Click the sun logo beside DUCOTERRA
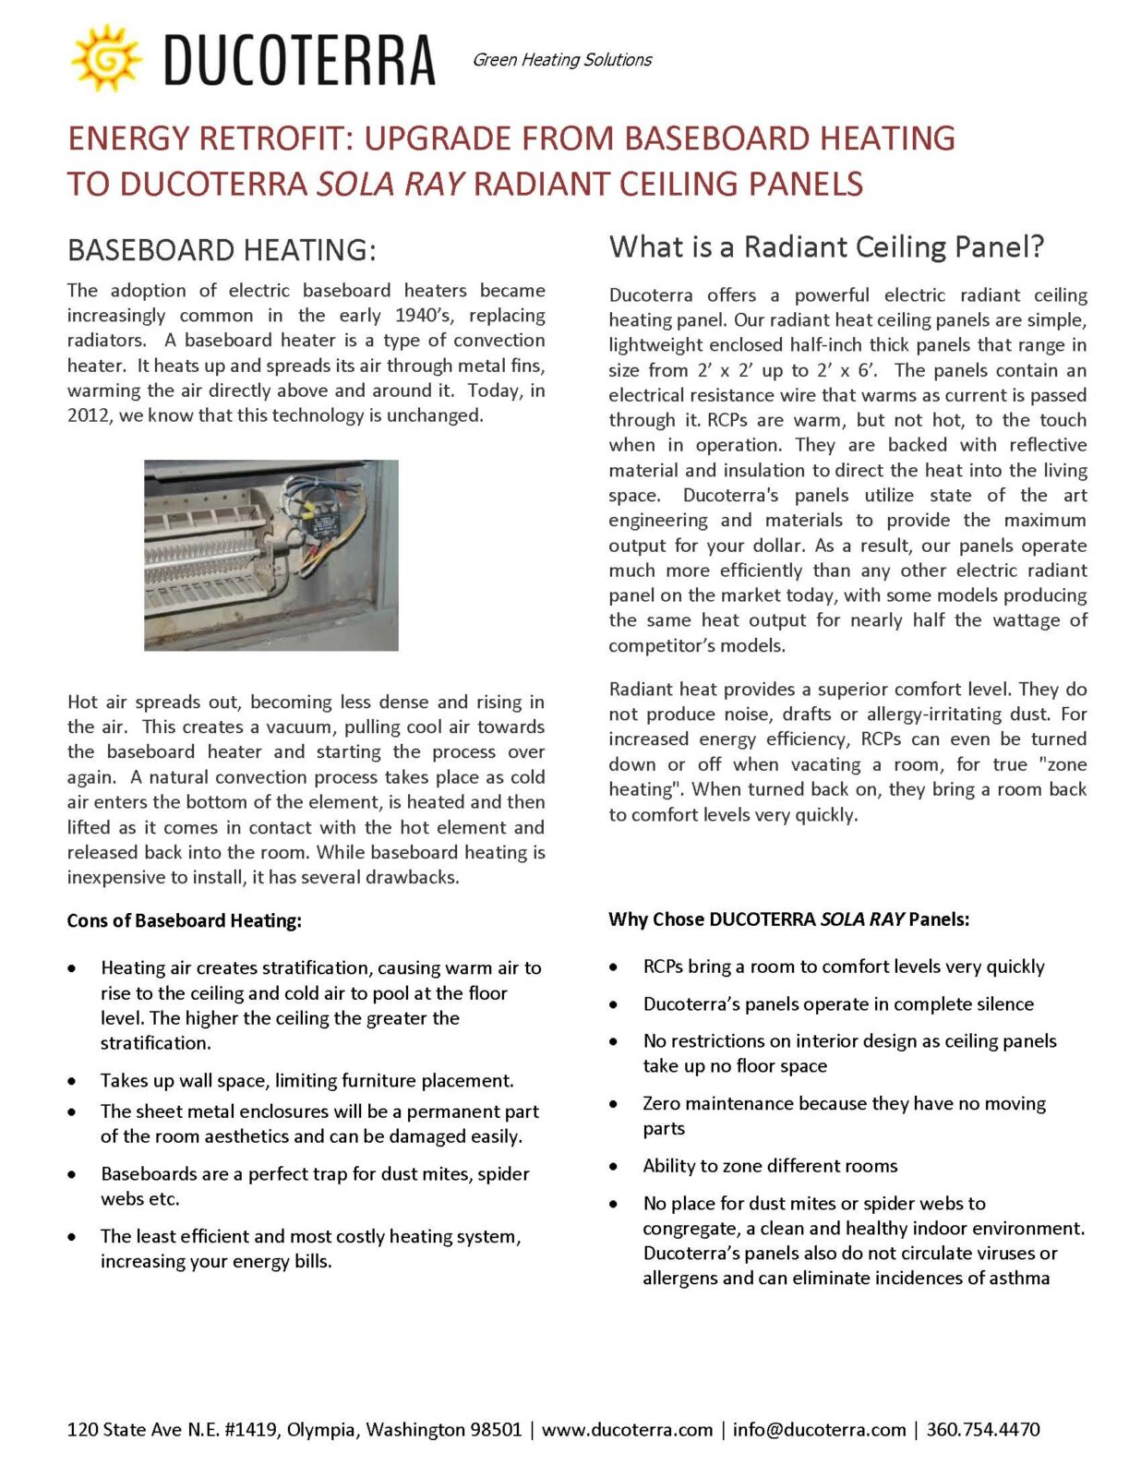(106, 58)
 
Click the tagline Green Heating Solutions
(561, 60)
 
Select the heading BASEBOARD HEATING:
(222, 250)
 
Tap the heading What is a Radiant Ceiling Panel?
(826, 247)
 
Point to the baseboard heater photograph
(270, 555)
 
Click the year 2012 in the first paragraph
(89, 415)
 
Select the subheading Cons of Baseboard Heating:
(184, 920)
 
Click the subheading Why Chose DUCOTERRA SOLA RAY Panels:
(788, 919)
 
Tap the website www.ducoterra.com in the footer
(627, 1430)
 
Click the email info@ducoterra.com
(819, 1430)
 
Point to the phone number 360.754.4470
(983, 1430)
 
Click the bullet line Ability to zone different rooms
(770, 1166)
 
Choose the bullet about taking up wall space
(306, 1081)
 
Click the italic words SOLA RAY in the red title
(390, 184)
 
